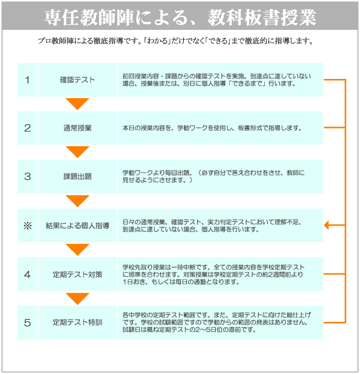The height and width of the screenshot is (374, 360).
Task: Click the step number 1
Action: pos(27,80)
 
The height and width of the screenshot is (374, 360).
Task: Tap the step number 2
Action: pos(27,129)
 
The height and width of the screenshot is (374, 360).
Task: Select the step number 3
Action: pos(27,177)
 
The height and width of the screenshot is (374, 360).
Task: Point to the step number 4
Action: pos(27,274)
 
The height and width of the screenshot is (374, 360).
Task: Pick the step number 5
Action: pos(27,323)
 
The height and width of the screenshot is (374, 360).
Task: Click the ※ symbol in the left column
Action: pos(28,226)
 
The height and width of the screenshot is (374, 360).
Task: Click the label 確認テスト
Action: pos(77,80)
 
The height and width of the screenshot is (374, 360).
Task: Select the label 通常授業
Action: pos(77,129)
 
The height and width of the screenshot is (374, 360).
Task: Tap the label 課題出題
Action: pos(77,177)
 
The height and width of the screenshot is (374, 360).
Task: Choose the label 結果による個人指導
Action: pos(77,226)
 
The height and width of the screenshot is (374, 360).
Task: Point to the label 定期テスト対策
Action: pos(77,274)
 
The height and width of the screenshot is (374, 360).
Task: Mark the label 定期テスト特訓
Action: pos(77,323)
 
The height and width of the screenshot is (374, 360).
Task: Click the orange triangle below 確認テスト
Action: pos(77,103)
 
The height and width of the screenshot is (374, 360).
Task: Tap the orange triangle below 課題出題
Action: pos(77,200)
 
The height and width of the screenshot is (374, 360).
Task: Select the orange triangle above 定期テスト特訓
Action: pos(77,298)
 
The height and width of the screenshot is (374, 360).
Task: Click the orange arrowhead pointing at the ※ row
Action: pos(327,225)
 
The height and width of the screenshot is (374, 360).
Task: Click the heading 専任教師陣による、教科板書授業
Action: pos(180,17)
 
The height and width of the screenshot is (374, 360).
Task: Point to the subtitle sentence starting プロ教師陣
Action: pos(176,41)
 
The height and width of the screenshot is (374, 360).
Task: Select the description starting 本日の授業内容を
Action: pos(212,128)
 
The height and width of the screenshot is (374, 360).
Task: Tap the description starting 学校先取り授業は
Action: pos(214,274)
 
